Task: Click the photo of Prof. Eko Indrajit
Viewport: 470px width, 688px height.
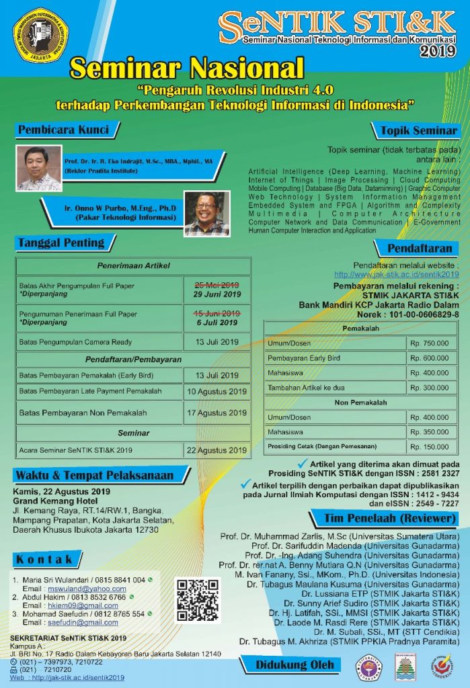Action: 38,168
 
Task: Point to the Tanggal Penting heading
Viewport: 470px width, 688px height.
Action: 61,243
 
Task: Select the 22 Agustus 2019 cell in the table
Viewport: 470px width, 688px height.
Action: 217,449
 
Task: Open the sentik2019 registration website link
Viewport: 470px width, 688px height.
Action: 396,274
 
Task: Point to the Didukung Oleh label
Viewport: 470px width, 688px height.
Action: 295,665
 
